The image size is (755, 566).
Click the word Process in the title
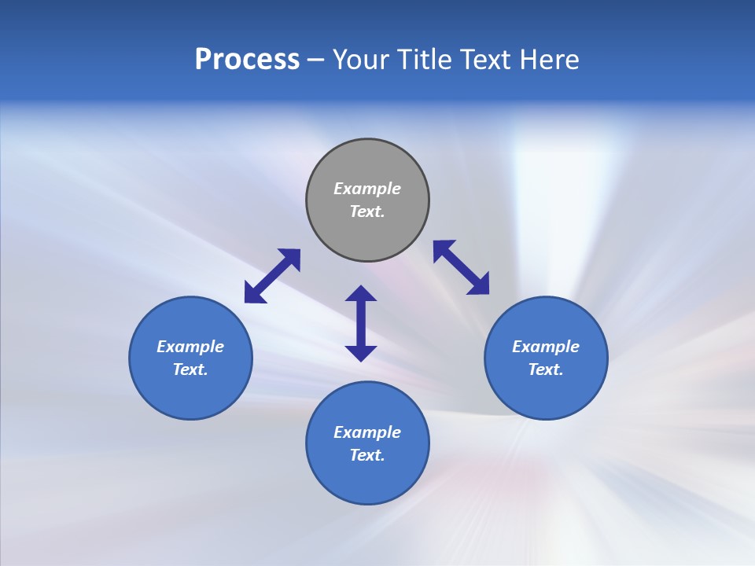[x=247, y=60]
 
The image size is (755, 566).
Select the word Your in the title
[x=359, y=60]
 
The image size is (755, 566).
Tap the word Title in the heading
[x=425, y=60]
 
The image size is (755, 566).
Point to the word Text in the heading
[x=492, y=60]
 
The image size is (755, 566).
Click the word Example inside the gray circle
[x=367, y=189]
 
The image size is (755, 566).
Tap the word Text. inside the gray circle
[x=367, y=211]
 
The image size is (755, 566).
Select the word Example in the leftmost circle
[x=190, y=347]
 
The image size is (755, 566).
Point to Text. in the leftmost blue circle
[x=190, y=369]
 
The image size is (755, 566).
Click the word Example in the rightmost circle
[x=546, y=347]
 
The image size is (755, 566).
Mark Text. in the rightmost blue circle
[x=546, y=369]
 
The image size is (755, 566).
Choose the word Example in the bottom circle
[x=367, y=432]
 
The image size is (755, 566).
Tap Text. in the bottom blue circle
[x=367, y=455]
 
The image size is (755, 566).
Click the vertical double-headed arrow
[x=361, y=323]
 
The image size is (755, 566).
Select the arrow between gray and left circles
[x=272, y=276]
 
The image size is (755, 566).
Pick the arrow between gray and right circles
[x=461, y=267]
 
